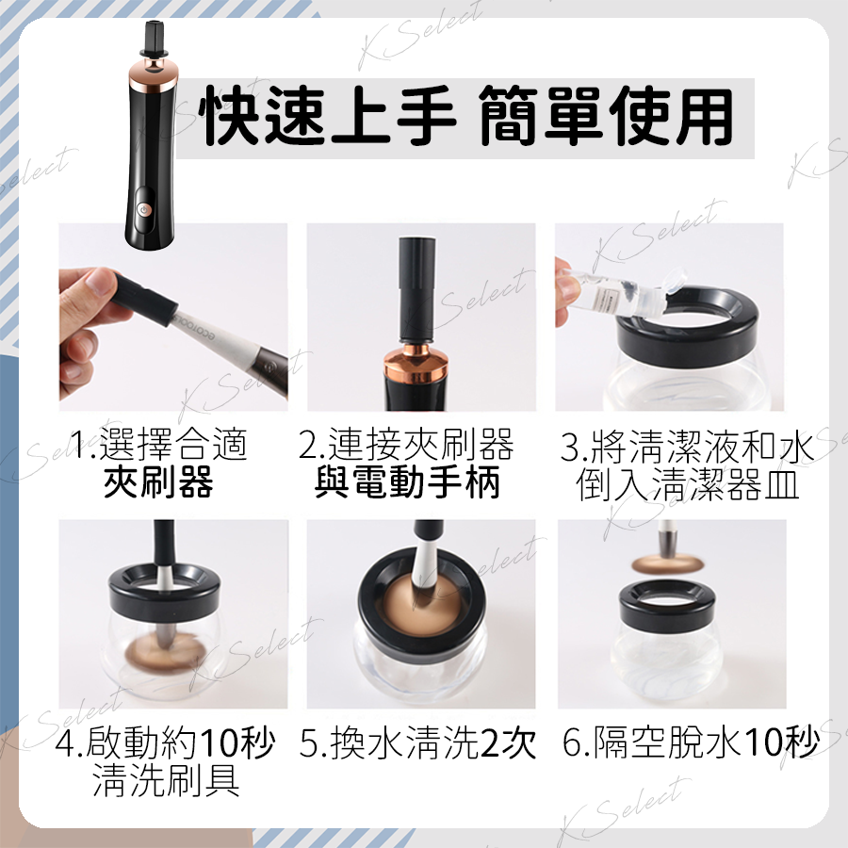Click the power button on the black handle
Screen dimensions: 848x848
click(143, 210)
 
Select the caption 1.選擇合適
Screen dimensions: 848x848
click(159, 444)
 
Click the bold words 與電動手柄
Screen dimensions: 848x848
click(407, 481)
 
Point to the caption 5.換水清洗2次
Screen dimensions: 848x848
click(417, 743)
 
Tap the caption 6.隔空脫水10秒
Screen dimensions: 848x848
click(691, 742)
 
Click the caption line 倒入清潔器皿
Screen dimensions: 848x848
click(687, 484)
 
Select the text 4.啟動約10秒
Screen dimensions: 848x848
click(166, 743)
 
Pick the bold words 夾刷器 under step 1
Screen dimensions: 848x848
click(158, 481)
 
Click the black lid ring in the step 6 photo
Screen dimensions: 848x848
click(667, 609)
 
